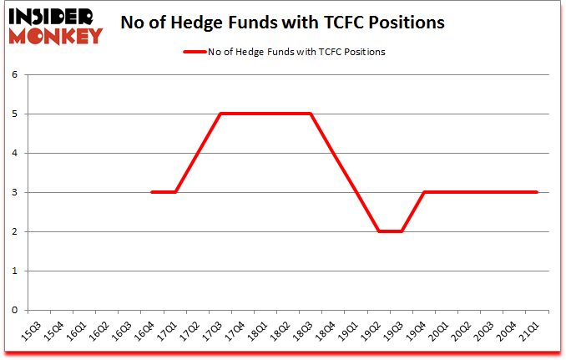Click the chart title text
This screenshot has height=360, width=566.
pyautogui.click(x=283, y=23)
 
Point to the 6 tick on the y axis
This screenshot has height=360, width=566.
pyautogui.click(x=14, y=74)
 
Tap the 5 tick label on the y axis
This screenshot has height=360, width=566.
pyautogui.click(x=14, y=114)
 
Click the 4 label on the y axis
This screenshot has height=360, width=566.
pyautogui.click(x=14, y=153)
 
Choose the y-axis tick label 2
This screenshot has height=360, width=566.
pyautogui.click(x=14, y=231)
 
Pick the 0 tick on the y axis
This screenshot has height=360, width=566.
pyautogui.click(x=14, y=310)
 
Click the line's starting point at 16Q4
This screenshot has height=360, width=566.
pyautogui.click(x=152, y=192)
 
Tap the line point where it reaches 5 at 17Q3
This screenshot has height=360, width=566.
pyautogui.click(x=220, y=114)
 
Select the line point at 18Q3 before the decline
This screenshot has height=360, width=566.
pyautogui.click(x=311, y=114)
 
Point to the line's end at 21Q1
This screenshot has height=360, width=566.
pyautogui.click(x=537, y=192)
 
